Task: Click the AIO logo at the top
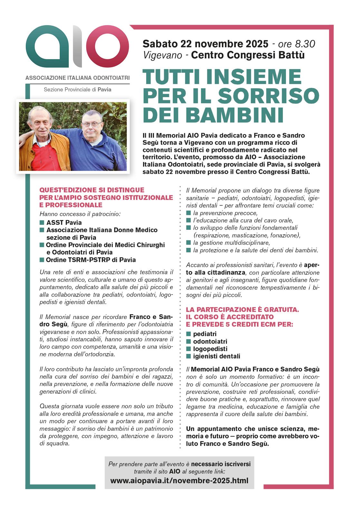click(77, 47)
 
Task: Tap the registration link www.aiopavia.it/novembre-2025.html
click(179, 481)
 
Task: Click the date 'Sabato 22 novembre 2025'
click(205, 43)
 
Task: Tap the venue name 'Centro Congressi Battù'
click(248, 55)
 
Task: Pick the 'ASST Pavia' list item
click(64, 222)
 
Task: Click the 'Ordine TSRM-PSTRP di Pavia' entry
click(91, 260)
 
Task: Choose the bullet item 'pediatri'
click(205, 334)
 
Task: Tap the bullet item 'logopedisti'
click(210, 349)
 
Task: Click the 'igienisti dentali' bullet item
click(217, 356)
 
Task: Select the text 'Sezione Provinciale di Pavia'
click(78, 89)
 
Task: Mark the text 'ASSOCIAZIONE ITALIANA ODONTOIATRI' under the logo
click(78, 78)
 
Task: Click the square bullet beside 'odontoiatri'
click(189, 342)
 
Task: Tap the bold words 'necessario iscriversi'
click(221, 464)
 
